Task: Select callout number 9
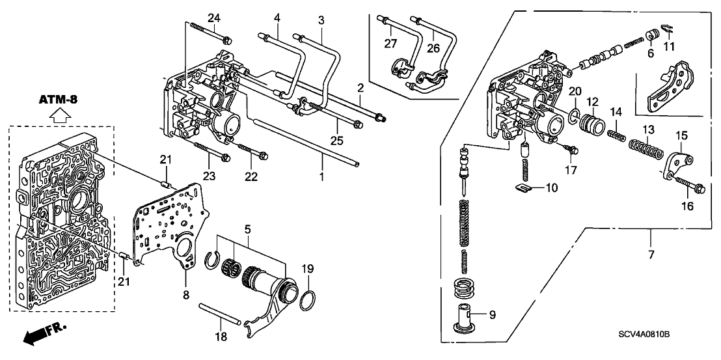pyautogui.click(x=492, y=315)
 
